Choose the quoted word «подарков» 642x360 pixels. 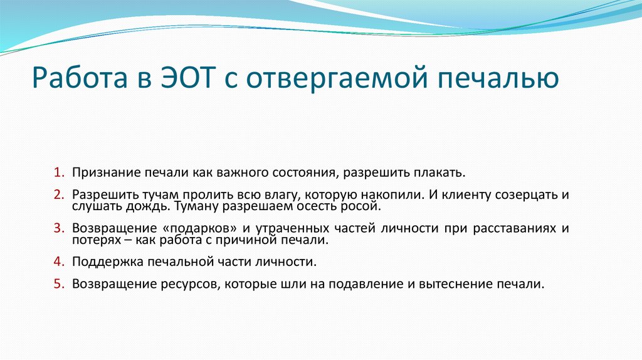182,228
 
